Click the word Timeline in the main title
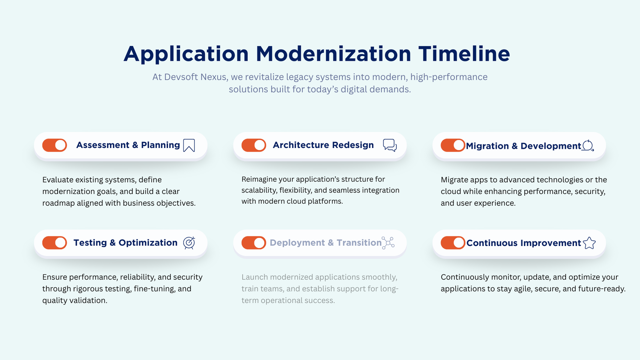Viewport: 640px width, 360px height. (x=464, y=54)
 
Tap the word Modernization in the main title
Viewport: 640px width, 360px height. (x=333, y=54)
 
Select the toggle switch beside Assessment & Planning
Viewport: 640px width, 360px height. (x=55, y=145)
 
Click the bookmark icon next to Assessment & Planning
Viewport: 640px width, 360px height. (x=189, y=145)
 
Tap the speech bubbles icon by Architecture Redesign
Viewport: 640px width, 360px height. (x=390, y=145)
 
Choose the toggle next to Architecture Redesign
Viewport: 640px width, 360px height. (x=254, y=145)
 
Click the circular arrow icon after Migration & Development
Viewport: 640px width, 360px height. (x=588, y=146)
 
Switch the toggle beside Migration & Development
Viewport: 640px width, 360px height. (x=453, y=145)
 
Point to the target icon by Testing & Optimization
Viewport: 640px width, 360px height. (x=189, y=242)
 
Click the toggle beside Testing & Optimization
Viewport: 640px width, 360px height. (x=55, y=242)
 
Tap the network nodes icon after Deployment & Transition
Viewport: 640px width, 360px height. (x=388, y=242)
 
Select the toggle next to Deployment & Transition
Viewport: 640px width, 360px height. (x=254, y=242)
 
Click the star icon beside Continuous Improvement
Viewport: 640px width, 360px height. (x=589, y=243)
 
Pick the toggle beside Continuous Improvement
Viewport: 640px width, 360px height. (x=453, y=242)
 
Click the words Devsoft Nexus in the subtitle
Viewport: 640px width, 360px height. (x=195, y=77)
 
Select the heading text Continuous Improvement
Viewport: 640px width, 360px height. (x=523, y=243)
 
